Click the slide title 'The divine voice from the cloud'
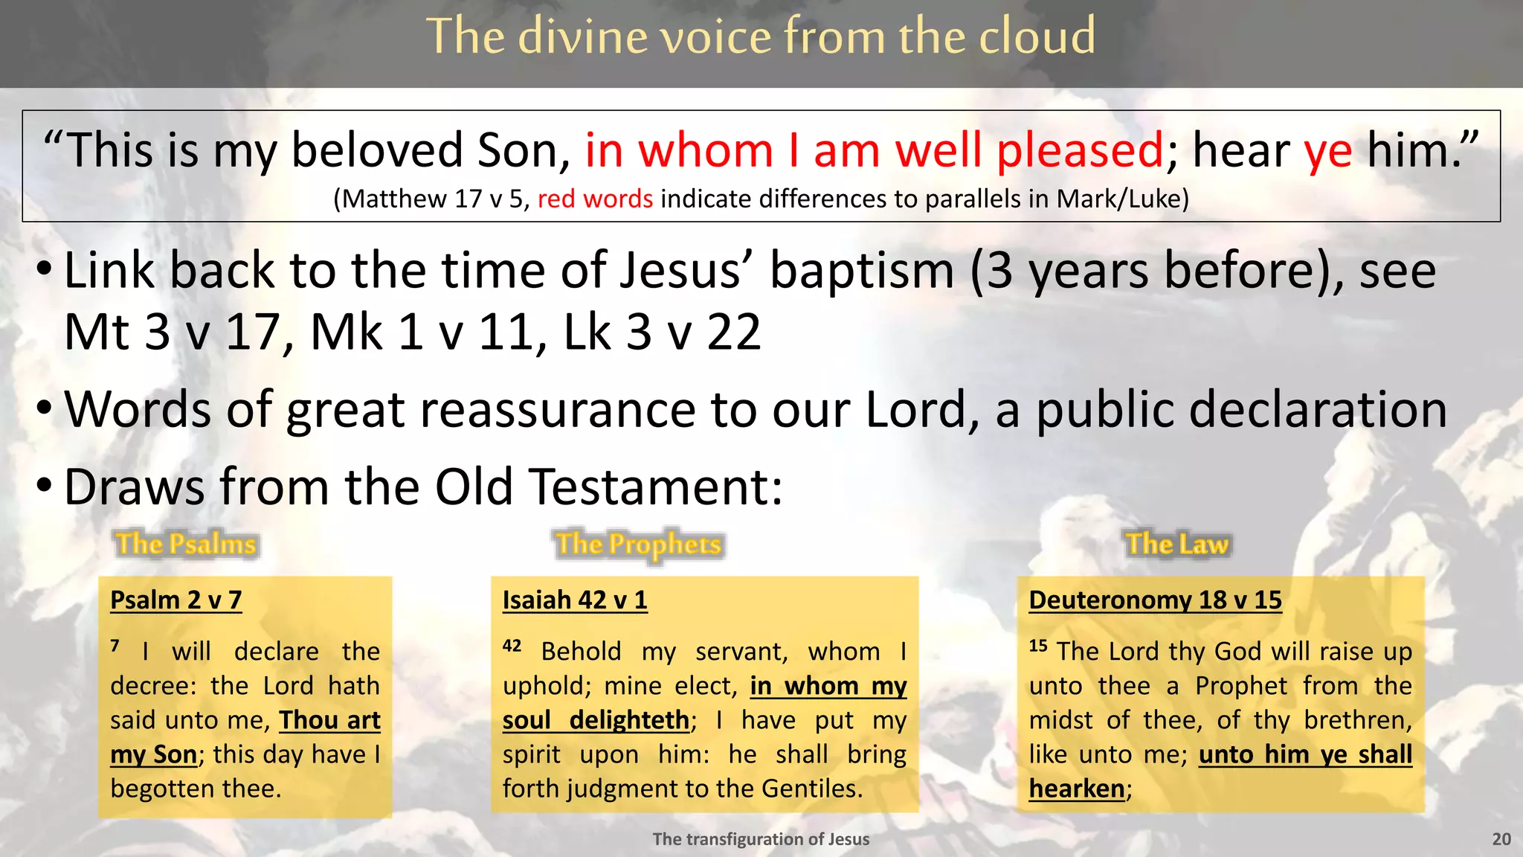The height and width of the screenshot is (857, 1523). point(761,36)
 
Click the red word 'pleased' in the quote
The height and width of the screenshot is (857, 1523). point(1079,151)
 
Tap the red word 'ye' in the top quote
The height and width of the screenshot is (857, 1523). point(1327,151)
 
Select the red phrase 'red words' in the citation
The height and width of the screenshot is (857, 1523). point(595,199)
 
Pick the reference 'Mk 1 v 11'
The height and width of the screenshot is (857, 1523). point(422,332)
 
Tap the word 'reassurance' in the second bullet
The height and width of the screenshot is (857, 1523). point(490,409)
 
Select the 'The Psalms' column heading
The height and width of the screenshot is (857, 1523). point(186,544)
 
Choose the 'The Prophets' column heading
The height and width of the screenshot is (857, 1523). point(639,544)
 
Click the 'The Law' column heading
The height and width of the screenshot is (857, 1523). point(1176,544)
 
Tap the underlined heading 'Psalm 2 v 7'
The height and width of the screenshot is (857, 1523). point(176,600)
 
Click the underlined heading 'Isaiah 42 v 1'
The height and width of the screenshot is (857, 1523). point(575,600)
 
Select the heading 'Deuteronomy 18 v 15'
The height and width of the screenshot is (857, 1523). point(1155,600)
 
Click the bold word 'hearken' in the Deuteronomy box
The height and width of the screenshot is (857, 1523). point(1076,789)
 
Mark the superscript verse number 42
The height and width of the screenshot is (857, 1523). point(512,646)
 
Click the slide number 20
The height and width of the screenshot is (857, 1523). point(1501,839)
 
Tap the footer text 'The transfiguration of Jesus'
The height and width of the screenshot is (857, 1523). point(761,839)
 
